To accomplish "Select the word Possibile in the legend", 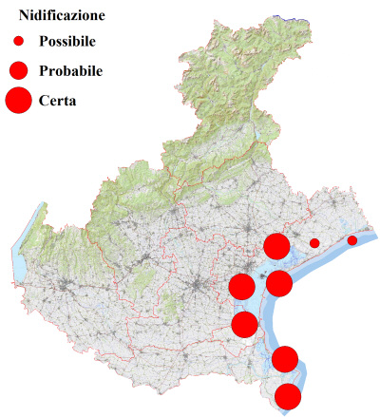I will click(x=69, y=41).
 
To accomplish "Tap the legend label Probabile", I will click(x=71, y=70).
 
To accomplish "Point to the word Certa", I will click(x=58, y=99).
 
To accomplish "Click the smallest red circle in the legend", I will click(x=19, y=41).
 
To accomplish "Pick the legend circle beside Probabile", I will click(x=19, y=69).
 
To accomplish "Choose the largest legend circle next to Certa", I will click(x=19, y=99).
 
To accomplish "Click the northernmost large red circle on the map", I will click(x=276, y=246).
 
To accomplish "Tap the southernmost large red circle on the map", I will click(x=288, y=396).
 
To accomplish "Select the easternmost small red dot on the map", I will click(x=352, y=240).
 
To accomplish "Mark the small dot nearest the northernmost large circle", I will click(x=314, y=243).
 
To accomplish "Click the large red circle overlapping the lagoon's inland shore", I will click(x=278, y=282).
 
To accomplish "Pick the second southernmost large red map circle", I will click(x=285, y=359).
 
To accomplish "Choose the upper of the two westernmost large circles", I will click(x=241, y=286).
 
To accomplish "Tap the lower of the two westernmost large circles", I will click(x=244, y=324).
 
